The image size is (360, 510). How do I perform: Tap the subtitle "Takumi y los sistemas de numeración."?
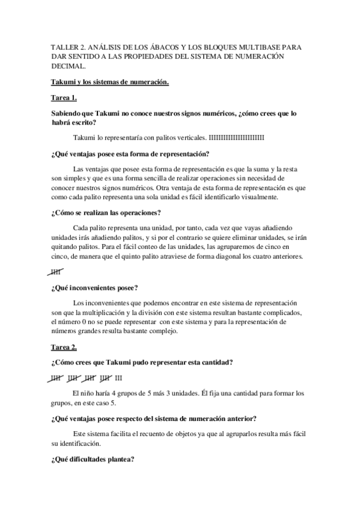pos(110,81)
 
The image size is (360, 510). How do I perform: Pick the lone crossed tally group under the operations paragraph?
pos(58,272)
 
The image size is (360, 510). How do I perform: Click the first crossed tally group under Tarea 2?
pos(58,378)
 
